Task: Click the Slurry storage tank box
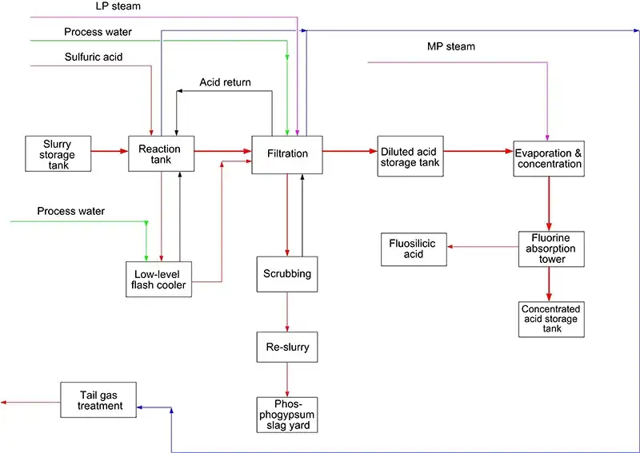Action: [57, 154]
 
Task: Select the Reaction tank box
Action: [160, 154]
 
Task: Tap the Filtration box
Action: [287, 154]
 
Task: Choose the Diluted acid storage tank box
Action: [410, 157]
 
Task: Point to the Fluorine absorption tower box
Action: [549, 248]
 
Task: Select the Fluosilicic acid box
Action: [413, 248]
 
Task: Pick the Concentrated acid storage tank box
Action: [550, 319]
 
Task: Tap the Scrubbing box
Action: [287, 274]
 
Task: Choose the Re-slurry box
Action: [287, 348]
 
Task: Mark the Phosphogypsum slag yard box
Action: [287, 415]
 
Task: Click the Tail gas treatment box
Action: [99, 399]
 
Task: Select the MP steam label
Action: [450, 46]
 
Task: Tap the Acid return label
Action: [225, 82]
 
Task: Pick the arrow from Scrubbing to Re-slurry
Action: [287, 312]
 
